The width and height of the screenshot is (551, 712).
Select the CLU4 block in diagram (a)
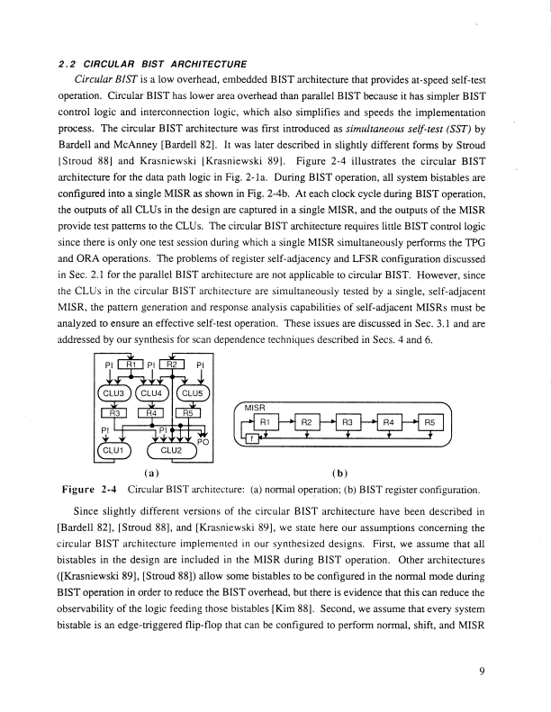pos(155,393)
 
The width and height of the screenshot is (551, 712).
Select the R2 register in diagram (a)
pos(176,365)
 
